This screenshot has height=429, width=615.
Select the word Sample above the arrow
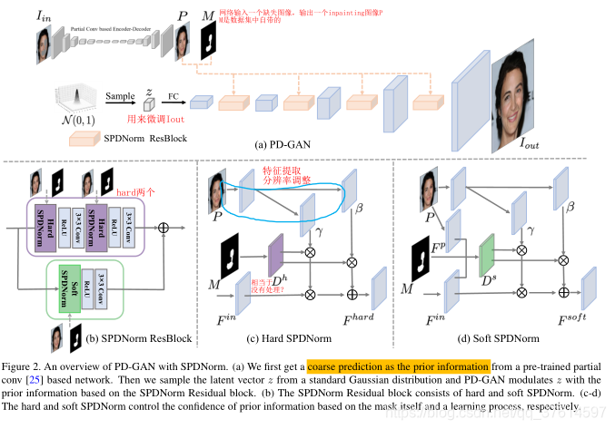[120, 93]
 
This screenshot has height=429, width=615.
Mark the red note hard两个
[135, 192]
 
